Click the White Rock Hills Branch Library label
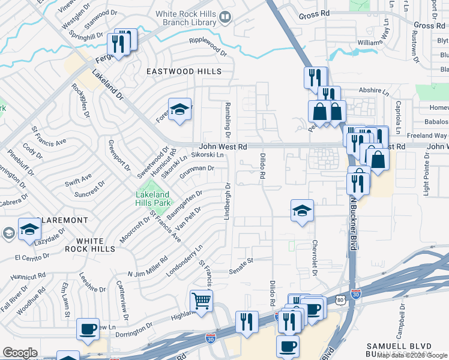click(185, 17)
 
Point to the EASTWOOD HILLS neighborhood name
click(184, 71)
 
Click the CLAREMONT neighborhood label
click(62, 220)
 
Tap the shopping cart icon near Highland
click(201, 301)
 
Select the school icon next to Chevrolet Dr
click(302, 211)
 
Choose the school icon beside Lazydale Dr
click(29, 230)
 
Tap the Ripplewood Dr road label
click(208, 48)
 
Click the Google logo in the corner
click(20, 353)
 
